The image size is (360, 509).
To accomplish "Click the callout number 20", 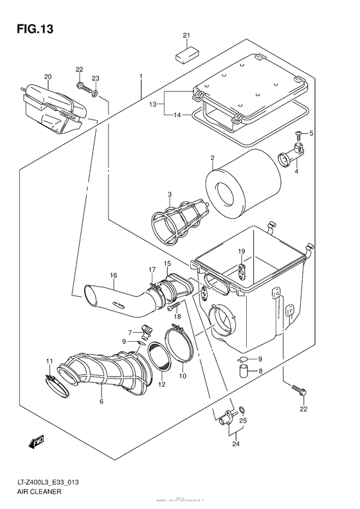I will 47,77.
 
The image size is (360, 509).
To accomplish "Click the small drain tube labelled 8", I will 244,371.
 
